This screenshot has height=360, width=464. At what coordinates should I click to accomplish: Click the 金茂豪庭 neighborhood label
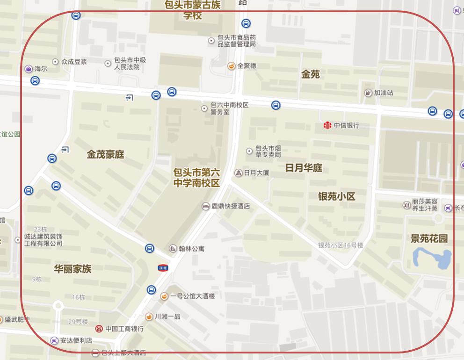tap(105, 154)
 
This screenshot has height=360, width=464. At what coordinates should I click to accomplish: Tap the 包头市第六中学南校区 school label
tap(196, 178)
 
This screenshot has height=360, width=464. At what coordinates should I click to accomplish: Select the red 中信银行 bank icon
tap(327, 125)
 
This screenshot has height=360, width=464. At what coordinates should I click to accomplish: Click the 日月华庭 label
tap(304, 168)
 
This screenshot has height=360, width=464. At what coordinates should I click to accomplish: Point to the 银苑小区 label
tap(336, 196)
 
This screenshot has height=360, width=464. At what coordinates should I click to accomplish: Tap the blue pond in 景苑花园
tap(432, 258)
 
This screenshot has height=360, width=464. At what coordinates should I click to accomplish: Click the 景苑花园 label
tap(429, 238)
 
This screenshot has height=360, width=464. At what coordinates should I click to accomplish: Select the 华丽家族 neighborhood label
tap(72, 269)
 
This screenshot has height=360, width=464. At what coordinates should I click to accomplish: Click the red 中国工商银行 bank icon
tap(99, 329)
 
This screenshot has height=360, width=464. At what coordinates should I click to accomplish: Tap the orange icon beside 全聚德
tap(231, 66)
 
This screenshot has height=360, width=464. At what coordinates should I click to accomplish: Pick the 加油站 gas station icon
tap(368, 93)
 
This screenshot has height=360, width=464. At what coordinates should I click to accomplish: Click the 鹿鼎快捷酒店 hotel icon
tap(205, 206)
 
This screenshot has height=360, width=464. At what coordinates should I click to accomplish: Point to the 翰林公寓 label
tap(191, 248)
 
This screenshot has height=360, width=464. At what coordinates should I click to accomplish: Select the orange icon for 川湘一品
tap(149, 317)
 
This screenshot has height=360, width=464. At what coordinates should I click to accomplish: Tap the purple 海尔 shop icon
tap(29, 69)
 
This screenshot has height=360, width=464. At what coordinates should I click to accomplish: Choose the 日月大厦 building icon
tap(238, 173)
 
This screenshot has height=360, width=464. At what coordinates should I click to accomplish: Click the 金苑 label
tap(310, 74)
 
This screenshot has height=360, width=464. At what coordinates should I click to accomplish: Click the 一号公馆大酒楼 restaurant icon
tap(164, 296)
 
